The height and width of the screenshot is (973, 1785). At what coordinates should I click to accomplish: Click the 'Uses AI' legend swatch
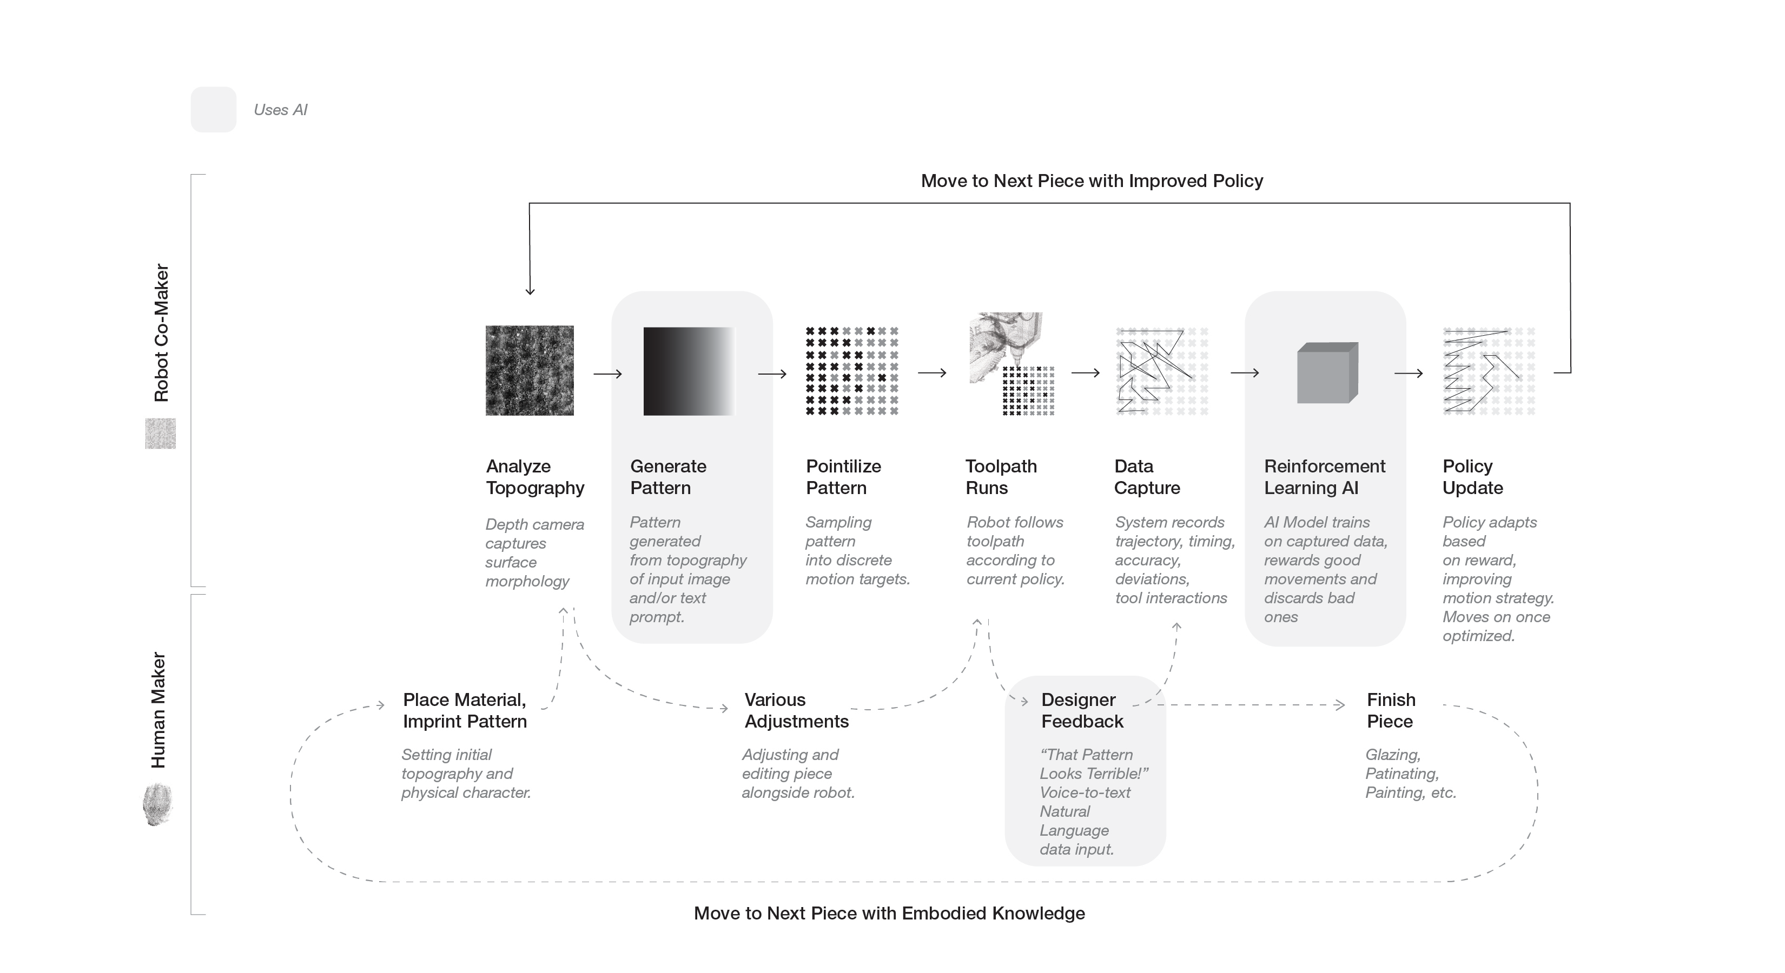tap(214, 109)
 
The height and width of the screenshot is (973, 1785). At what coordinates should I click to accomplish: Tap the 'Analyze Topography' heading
tap(534, 477)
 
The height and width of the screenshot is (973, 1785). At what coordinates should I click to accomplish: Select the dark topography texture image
tap(530, 370)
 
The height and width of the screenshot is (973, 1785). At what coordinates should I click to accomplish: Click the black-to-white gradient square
tap(689, 371)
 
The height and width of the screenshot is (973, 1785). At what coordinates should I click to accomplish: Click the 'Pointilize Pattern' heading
tap(843, 477)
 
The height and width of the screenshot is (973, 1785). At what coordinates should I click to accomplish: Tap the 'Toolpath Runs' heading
tap(1001, 477)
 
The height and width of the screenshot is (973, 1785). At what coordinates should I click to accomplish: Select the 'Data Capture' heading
tap(1147, 477)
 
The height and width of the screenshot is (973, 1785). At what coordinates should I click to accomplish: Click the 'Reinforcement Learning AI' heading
tap(1324, 477)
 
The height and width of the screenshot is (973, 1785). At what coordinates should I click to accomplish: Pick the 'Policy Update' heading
tap(1472, 477)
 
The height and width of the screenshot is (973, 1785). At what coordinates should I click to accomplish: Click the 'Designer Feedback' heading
tap(1082, 710)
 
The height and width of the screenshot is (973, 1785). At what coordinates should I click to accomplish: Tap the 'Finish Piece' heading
tap(1391, 710)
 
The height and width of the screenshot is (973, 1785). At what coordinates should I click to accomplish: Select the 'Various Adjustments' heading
tap(796, 710)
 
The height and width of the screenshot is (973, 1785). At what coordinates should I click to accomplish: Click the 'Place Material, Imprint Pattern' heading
tap(464, 710)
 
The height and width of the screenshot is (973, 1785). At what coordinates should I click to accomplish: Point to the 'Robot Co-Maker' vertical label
tap(161, 332)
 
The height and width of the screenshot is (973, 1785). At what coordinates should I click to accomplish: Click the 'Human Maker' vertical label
tap(158, 710)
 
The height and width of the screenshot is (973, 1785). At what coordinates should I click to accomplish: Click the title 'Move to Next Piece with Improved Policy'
tap(1092, 181)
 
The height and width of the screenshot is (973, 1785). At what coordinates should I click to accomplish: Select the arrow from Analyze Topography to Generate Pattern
tap(607, 374)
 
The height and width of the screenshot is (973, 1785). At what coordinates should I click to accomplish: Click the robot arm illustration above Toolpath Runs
tap(1005, 346)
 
